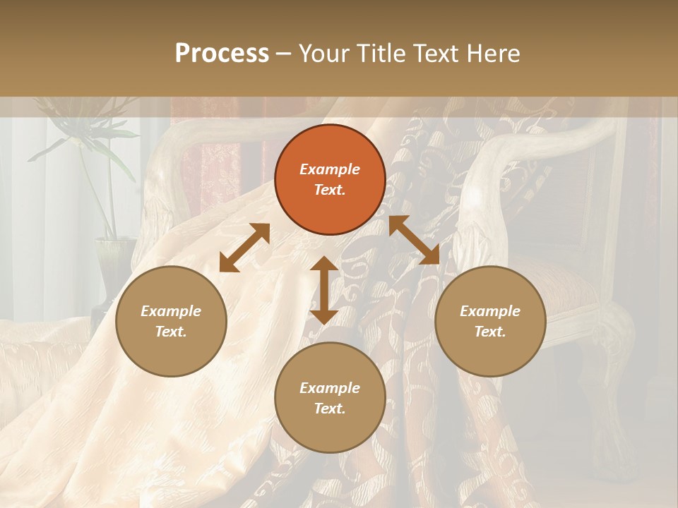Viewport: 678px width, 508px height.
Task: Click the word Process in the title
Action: pos(222,54)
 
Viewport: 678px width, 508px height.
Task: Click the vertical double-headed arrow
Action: pos(324,290)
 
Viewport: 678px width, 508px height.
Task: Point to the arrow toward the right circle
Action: pos(415,240)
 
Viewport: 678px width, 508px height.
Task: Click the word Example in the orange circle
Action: pos(330,169)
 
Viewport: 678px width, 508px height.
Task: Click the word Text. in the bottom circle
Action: pos(330,409)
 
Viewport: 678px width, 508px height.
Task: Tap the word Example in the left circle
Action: pos(171,311)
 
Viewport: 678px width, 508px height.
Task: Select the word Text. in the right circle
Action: pos(490,332)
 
